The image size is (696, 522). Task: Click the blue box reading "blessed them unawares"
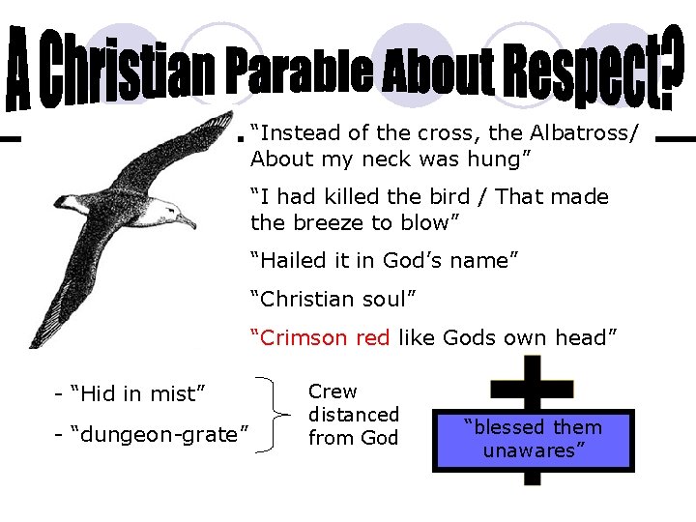pyautogui.click(x=533, y=439)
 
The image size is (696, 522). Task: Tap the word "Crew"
pyautogui.click(x=333, y=391)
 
